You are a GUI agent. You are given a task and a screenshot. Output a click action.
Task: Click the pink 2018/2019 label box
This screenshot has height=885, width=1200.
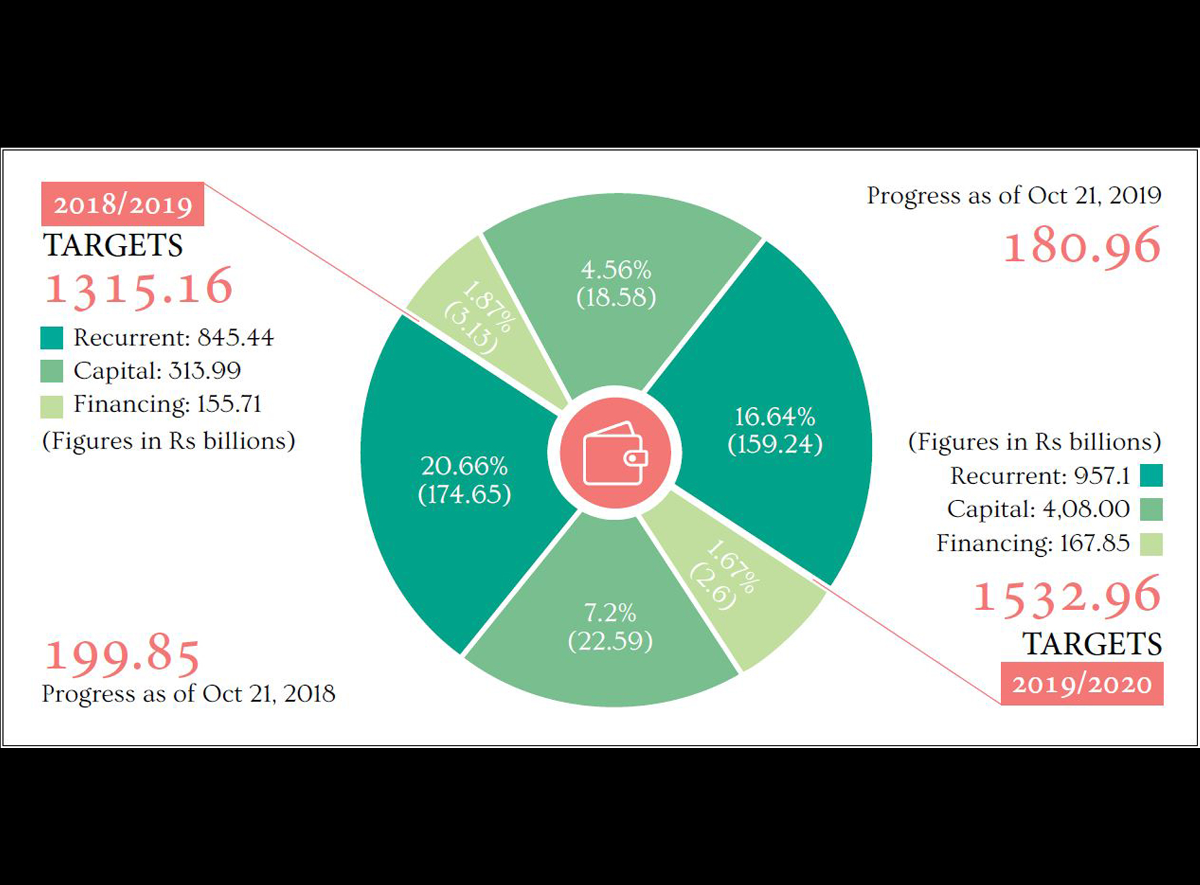(x=123, y=204)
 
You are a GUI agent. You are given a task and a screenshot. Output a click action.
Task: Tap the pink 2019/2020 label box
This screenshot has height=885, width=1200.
(x=1082, y=683)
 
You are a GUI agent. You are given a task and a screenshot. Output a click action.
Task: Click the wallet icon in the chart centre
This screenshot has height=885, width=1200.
(x=614, y=453)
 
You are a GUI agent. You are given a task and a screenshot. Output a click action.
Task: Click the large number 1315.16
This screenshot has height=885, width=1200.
(x=139, y=287)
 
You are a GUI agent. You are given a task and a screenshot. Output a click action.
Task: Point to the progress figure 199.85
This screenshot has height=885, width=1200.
(x=122, y=655)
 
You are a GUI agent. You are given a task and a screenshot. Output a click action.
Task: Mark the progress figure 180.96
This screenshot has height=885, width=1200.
(x=1082, y=245)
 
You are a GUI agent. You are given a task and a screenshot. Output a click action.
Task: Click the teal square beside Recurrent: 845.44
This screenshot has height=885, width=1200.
(x=52, y=338)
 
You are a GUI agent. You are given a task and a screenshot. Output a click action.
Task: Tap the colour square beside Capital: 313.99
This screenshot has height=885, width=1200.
(x=52, y=371)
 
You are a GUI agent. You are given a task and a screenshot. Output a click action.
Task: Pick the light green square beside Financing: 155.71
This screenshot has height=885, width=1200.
(x=52, y=406)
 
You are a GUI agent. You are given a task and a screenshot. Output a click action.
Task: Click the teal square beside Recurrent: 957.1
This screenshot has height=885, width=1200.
(x=1151, y=475)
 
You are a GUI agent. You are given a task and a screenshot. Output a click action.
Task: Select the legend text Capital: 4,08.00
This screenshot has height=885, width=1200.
(x=1038, y=509)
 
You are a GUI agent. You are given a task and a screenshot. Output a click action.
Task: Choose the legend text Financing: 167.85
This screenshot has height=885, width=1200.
(x=1033, y=544)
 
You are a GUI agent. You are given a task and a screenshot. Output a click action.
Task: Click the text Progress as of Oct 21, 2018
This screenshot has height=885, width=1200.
(x=188, y=694)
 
